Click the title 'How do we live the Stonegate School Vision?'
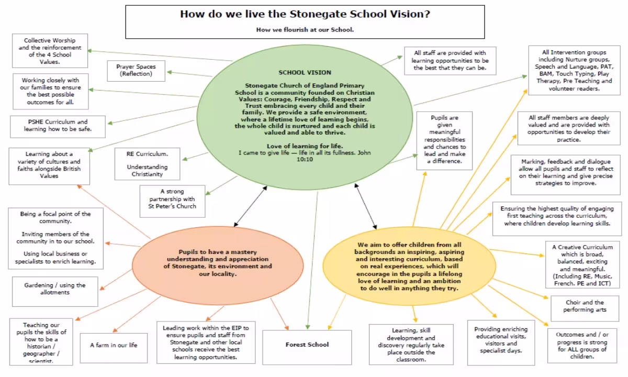click(x=305, y=14)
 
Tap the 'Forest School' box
click(x=307, y=345)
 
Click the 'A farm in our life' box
click(x=114, y=345)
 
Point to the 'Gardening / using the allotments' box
click(x=54, y=289)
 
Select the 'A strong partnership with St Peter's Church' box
click(x=172, y=199)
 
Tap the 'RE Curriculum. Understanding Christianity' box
click(x=147, y=163)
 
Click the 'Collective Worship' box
click(x=50, y=51)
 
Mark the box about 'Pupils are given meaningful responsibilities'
click(x=444, y=140)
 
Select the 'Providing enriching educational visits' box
click(x=501, y=340)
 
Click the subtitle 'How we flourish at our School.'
click(x=305, y=30)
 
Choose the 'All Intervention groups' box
click(x=574, y=71)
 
